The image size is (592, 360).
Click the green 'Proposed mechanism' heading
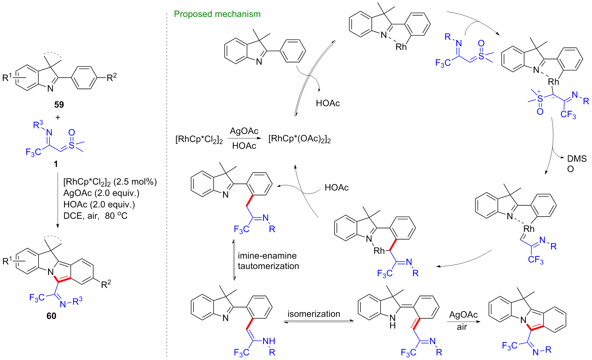point(217,14)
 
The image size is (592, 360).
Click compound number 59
point(59,104)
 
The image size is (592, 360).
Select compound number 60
point(51,316)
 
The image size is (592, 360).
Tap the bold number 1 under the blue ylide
point(56,164)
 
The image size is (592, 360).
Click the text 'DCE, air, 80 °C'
point(95,216)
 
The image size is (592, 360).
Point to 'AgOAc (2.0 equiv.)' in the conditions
point(101,193)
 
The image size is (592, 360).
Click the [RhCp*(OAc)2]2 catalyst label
point(299,139)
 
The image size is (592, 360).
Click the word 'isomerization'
point(314,314)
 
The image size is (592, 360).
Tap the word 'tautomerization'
point(268,266)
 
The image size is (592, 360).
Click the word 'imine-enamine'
point(267,256)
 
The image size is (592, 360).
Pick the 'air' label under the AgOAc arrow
point(462,327)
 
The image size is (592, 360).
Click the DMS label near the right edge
point(577,159)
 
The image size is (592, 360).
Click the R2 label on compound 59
point(112,77)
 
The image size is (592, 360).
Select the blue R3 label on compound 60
point(77,301)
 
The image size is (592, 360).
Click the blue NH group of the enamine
point(269,341)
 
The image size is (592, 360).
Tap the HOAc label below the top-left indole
point(328,103)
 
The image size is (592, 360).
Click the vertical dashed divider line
point(167,184)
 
